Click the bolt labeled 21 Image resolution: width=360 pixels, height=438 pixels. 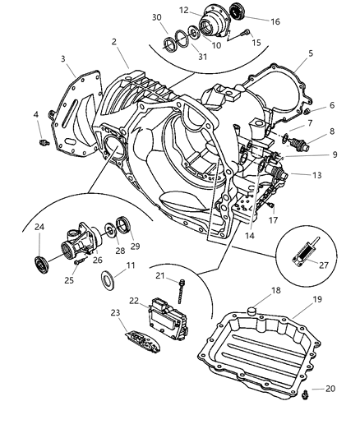click(x=182, y=288)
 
